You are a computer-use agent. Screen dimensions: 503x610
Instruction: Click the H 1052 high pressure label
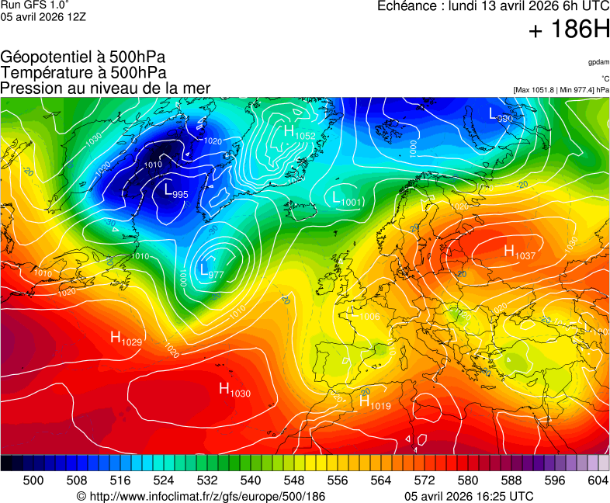(298, 134)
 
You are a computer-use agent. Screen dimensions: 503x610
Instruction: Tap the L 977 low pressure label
(210, 271)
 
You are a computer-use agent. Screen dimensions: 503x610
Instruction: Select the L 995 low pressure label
(175, 191)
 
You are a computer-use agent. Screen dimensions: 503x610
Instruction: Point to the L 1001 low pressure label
(346, 199)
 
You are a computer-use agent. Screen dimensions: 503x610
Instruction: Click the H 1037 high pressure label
(519, 252)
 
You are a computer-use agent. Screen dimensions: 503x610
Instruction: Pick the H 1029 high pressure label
(126, 338)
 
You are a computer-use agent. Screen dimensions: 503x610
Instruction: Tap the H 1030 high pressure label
(234, 390)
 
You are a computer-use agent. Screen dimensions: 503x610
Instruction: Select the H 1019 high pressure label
(374, 403)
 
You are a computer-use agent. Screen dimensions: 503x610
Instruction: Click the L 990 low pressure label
(500, 116)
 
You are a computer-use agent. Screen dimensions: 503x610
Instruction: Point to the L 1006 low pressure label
(364, 314)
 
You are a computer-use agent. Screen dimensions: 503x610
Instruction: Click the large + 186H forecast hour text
(568, 31)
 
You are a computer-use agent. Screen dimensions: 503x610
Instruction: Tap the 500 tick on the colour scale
(33, 480)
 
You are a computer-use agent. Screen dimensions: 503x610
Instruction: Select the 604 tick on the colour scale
(598, 480)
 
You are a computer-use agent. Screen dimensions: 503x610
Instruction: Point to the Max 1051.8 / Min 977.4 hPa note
(561, 90)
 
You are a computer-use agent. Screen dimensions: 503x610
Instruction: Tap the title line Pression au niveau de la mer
(106, 88)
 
